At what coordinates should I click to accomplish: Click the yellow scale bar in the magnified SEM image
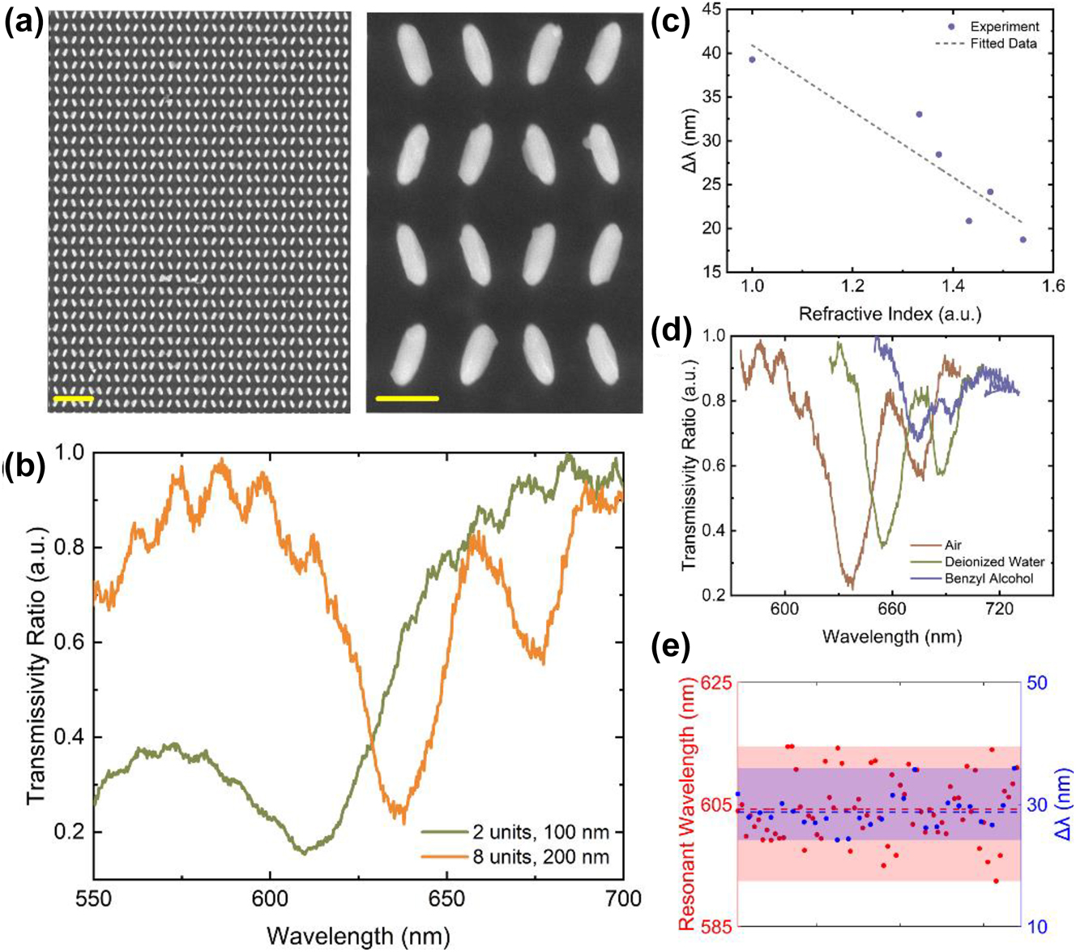408,398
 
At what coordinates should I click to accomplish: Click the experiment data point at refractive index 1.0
752,59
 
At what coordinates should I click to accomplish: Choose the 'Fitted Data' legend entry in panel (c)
1003,44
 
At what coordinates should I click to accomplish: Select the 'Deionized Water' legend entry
994,562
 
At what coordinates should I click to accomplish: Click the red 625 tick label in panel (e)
716,683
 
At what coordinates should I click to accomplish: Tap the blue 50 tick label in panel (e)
1036,683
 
